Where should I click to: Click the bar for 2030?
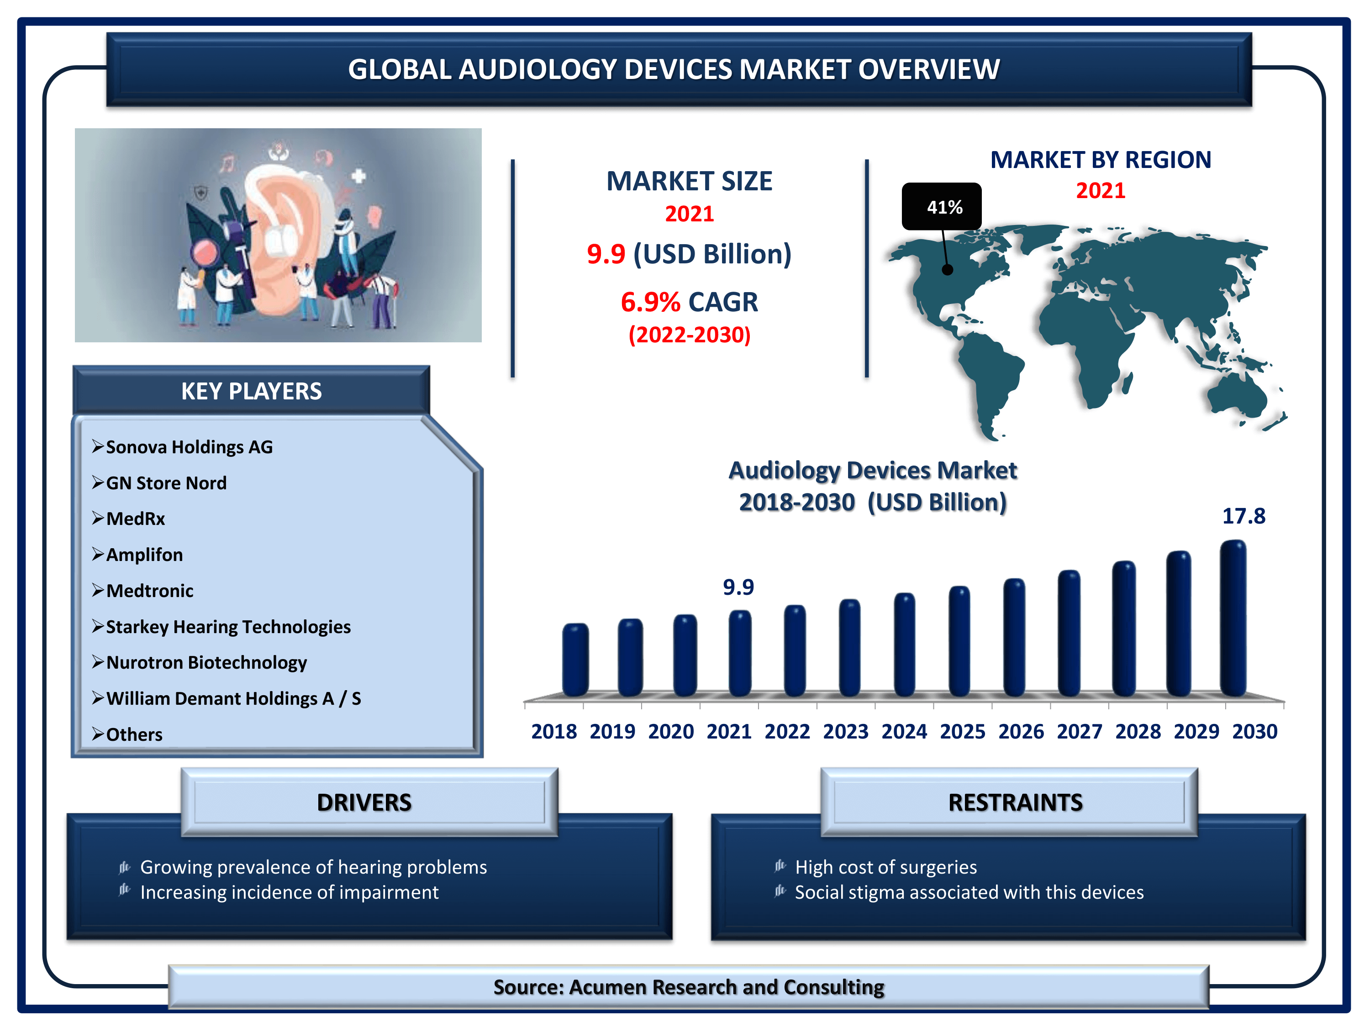(1233, 618)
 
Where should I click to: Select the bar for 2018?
(575, 660)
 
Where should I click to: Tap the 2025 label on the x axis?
(963, 732)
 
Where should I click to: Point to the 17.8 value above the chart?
(1244, 516)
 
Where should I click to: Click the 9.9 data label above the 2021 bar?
(738, 587)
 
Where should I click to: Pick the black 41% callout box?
(941, 206)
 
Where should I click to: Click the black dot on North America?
(948, 269)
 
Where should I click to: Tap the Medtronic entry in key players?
(150, 591)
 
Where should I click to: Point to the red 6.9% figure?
(650, 302)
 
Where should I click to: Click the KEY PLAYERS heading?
(252, 391)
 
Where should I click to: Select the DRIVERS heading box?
(370, 802)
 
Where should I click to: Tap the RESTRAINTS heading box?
(1010, 802)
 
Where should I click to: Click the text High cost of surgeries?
(885, 867)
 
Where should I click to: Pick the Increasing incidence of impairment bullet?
(289, 892)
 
